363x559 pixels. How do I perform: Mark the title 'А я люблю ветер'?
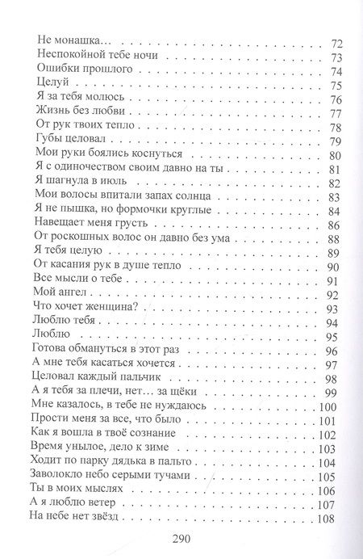74,506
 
